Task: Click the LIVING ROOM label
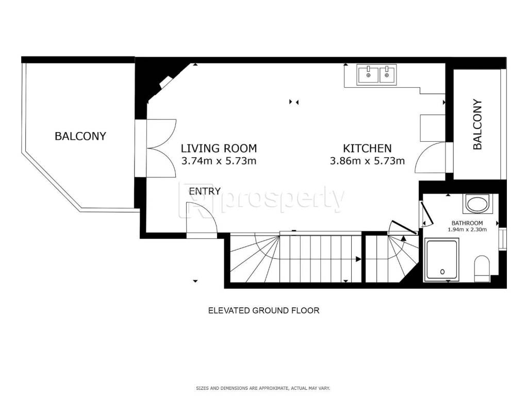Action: tap(219, 148)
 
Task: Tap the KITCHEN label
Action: tap(367, 148)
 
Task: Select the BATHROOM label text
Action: tap(467, 223)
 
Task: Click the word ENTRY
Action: tap(205, 191)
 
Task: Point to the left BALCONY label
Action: tap(80, 136)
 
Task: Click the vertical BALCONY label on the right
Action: tap(477, 124)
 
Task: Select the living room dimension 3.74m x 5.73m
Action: tap(219, 161)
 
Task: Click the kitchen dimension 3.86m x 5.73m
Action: tap(367, 161)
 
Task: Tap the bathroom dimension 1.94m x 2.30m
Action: tap(467, 229)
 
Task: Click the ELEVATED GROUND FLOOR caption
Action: tap(263, 310)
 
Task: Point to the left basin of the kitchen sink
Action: tap(368, 75)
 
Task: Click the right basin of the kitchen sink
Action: tap(387, 75)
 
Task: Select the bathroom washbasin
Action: tap(476, 204)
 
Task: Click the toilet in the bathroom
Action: tap(482, 268)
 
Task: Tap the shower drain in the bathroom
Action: tap(442, 271)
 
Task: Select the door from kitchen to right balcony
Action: tap(431, 157)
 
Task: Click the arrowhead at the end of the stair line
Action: tap(359, 259)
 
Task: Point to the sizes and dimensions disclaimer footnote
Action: tap(263, 388)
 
